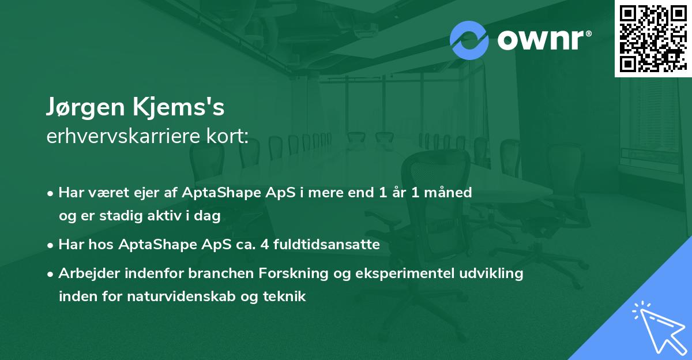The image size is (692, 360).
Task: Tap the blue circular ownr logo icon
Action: (x=469, y=40)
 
